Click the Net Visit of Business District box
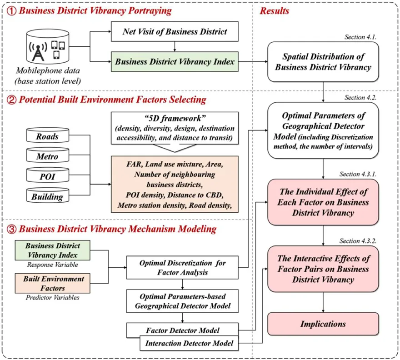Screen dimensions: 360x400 tap(175, 32)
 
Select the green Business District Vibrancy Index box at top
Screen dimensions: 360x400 tap(175, 61)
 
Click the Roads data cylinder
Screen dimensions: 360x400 tap(48, 136)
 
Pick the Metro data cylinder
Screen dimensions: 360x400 tap(48, 156)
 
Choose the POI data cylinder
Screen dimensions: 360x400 tap(48, 176)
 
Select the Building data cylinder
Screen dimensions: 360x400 tap(48, 196)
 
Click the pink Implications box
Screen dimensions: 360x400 tap(323, 324)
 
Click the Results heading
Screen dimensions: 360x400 tap(274, 10)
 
